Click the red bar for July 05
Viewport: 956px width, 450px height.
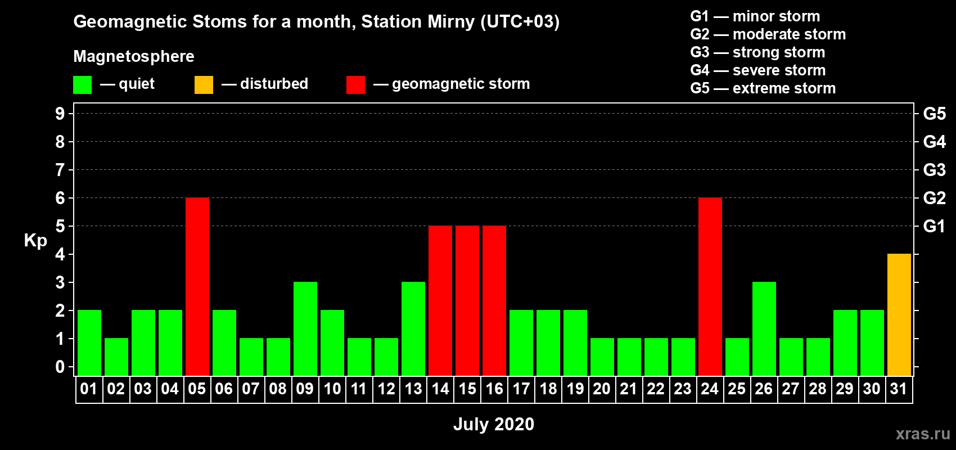(x=197, y=286)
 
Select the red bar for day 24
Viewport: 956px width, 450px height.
(x=710, y=286)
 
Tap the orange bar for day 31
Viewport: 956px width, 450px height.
(x=899, y=314)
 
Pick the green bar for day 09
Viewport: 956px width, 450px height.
(x=305, y=328)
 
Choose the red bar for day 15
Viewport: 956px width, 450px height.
(x=467, y=300)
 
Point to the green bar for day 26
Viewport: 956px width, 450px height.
(x=764, y=328)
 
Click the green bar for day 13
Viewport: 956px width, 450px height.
(x=413, y=328)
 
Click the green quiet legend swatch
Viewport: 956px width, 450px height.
(x=82, y=84)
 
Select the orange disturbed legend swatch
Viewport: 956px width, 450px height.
(x=204, y=84)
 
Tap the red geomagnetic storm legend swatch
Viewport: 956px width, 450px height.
(x=355, y=84)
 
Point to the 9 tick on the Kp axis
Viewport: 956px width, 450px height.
(x=60, y=114)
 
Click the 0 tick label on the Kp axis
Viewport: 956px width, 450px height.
(x=60, y=367)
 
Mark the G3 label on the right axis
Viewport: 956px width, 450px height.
(x=935, y=170)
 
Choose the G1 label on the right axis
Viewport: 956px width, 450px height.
(x=934, y=226)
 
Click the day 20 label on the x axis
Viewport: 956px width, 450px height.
(x=602, y=389)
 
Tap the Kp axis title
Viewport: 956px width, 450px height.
(x=35, y=241)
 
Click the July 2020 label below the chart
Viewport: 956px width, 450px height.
(x=494, y=424)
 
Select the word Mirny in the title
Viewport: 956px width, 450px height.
(x=451, y=22)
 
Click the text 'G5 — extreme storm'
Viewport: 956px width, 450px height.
(x=763, y=88)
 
